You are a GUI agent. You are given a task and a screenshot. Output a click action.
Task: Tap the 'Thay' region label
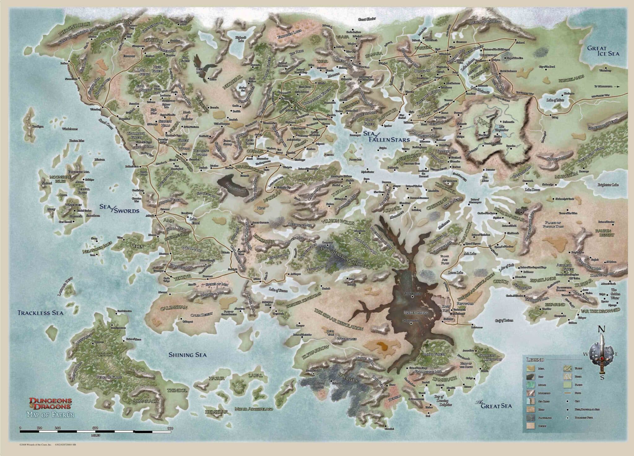coord(483,120)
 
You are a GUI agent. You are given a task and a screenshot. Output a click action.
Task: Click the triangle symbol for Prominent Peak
coord(566,418)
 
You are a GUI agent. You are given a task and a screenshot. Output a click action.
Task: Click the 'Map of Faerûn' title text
coord(51,415)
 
